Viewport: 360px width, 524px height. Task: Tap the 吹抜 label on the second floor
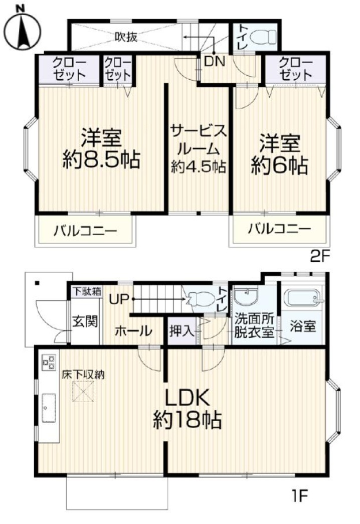(x=126, y=37)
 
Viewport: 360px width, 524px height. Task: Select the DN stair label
(x=215, y=62)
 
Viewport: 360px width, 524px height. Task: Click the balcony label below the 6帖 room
(x=279, y=229)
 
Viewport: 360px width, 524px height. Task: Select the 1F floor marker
(x=300, y=495)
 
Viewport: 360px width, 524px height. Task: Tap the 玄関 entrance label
(x=86, y=321)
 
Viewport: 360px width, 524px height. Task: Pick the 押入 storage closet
(x=182, y=331)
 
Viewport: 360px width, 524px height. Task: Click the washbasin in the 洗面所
(x=246, y=297)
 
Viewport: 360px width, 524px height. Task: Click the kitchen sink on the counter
(x=49, y=408)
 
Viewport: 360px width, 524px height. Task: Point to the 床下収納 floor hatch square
(x=83, y=392)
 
